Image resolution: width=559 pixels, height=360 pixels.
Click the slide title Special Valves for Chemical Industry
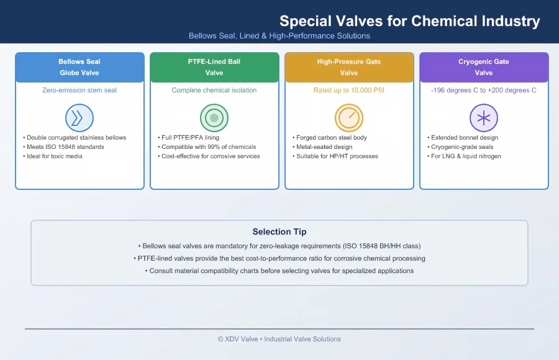point(410,21)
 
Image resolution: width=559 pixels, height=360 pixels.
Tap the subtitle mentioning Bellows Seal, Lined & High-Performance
point(279,35)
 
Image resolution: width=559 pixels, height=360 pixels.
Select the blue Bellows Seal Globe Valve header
point(80,67)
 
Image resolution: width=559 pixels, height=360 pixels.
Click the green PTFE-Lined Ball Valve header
point(214,67)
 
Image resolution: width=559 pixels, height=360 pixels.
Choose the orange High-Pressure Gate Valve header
point(349,67)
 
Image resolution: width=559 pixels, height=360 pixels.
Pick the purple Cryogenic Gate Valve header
point(484,67)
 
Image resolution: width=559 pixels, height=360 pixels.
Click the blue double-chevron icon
point(80,118)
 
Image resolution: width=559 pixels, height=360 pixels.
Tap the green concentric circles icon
point(214,118)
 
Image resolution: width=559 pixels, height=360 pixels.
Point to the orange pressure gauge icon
point(349,118)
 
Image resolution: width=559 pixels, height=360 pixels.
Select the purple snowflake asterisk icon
point(484,118)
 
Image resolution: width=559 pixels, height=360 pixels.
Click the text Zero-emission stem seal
point(80,90)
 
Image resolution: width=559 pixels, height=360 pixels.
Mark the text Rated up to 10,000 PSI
point(349,90)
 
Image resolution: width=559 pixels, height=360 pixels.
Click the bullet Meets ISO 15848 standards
point(64,147)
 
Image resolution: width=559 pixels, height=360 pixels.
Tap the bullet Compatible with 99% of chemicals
point(207,147)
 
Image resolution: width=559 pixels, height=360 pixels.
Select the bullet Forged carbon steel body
point(330,138)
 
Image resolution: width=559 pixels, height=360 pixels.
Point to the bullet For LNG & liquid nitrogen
point(464,156)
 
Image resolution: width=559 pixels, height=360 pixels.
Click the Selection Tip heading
point(279,232)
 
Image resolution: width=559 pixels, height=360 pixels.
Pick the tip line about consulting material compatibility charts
point(279,271)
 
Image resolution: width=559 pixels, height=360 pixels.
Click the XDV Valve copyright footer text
point(279,339)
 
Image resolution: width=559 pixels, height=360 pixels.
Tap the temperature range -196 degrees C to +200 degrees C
point(484,90)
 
